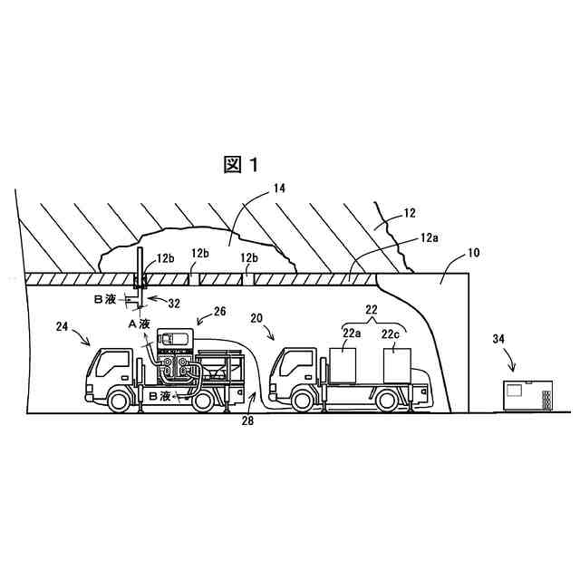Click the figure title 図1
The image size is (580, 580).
tap(242, 164)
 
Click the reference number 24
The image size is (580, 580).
tap(62, 327)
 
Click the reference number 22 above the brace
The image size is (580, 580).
tap(371, 311)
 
